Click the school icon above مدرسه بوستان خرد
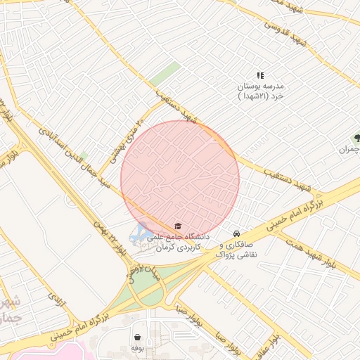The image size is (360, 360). [x=260, y=75]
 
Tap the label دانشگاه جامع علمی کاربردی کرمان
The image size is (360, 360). [x=179, y=243]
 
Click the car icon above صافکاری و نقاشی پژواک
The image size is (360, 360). [x=236, y=233]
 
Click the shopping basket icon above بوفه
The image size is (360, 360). [x=136, y=337]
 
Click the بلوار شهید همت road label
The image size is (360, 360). [x=337, y=254]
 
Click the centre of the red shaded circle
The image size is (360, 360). [x=180, y=179]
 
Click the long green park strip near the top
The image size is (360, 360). [x=165, y=73]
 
